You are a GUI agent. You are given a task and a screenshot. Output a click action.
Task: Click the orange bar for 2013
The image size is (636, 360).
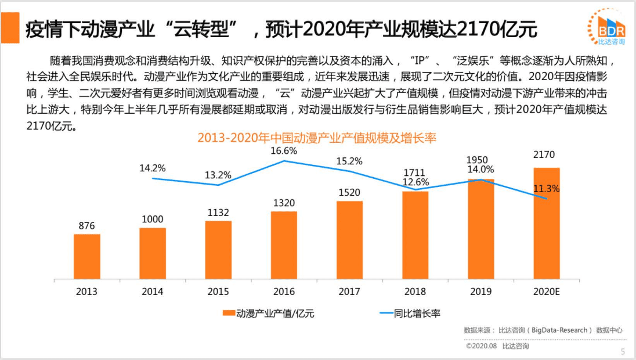coord(87,256)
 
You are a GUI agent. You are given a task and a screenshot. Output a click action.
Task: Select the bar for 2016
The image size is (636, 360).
coord(284,245)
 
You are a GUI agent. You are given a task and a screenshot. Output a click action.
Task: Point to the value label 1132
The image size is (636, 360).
coord(218,213)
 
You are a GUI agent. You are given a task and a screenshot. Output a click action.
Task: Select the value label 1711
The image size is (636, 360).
coord(415,172)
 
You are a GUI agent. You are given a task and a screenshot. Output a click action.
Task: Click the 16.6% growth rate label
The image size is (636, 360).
coord(284,151)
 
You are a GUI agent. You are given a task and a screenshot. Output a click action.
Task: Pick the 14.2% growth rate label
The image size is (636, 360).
coord(153,168)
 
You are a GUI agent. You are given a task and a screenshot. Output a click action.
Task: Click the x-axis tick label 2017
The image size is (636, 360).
coord(349,291)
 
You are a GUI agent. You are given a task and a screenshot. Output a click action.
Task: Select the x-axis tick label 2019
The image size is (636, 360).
coord(480,291)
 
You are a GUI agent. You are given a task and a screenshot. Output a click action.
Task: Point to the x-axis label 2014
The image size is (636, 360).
coord(153,291)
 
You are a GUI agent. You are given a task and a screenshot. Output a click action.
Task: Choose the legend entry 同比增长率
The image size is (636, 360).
coord(410,314)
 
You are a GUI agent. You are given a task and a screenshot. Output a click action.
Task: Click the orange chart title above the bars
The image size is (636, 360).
coord(316,138)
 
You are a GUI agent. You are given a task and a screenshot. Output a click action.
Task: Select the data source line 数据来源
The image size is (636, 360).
coord(543,330)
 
